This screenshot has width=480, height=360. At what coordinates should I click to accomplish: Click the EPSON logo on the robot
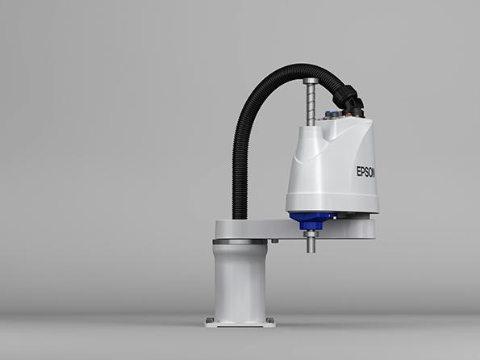tap(365, 172)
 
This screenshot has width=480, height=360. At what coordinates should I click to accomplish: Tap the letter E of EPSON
tap(358, 171)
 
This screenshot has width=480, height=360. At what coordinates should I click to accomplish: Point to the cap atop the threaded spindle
tap(311, 82)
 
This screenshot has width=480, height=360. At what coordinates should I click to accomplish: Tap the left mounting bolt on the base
tap(210, 320)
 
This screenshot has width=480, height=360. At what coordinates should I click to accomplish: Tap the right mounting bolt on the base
tap(269, 320)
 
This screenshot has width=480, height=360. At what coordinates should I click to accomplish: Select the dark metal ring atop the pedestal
tap(240, 242)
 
